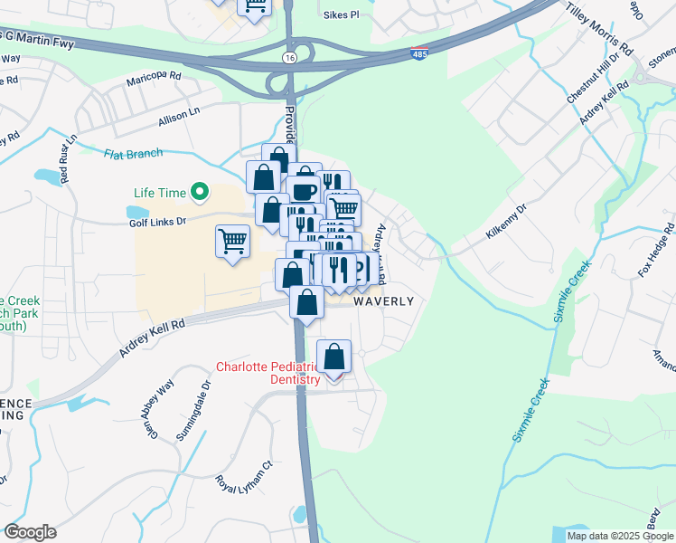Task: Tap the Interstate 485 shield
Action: click(x=419, y=55)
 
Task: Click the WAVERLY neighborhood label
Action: click(x=383, y=301)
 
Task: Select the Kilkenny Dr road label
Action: click(x=505, y=221)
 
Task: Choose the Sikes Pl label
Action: click(x=341, y=15)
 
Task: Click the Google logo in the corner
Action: click(x=30, y=532)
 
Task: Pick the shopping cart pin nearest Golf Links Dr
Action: click(x=233, y=242)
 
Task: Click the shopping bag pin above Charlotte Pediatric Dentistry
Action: click(x=334, y=358)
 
